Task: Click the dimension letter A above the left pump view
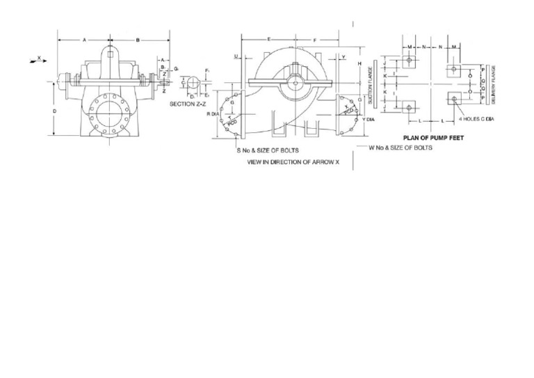pyautogui.click(x=84, y=40)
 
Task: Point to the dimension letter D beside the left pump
pyautogui.click(x=54, y=110)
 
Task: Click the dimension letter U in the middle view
pyautogui.click(x=236, y=56)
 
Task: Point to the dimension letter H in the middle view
pyautogui.click(x=359, y=64)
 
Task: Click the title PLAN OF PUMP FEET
pyautogui.click(x=433, y=138)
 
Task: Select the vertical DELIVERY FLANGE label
pyautogui.click(x=493, y=86)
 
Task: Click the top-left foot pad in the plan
pyautogui.click(x=410, y=61)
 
